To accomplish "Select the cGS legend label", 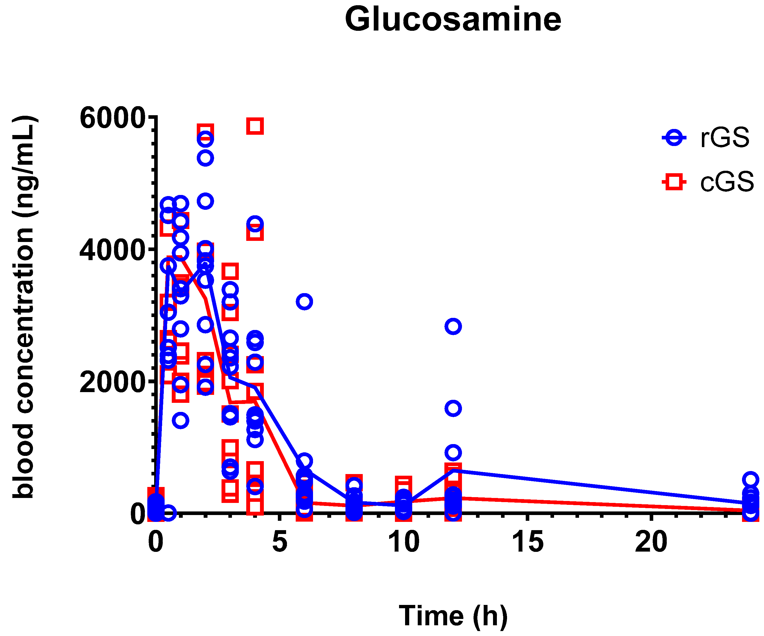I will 727,182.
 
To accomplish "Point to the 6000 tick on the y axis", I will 113,118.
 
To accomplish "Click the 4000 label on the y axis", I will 113,250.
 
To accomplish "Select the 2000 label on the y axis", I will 113,382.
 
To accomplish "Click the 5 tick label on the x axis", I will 279,542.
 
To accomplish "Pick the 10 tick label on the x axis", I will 403,542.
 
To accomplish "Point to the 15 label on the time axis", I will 528,542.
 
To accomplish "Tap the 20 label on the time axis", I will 651,542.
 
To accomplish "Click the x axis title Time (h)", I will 453,616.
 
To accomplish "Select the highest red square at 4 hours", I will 255,126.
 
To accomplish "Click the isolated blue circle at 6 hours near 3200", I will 304,301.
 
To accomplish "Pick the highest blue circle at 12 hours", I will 453,326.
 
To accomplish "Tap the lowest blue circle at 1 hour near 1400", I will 181,420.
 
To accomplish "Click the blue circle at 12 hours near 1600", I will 453,408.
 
